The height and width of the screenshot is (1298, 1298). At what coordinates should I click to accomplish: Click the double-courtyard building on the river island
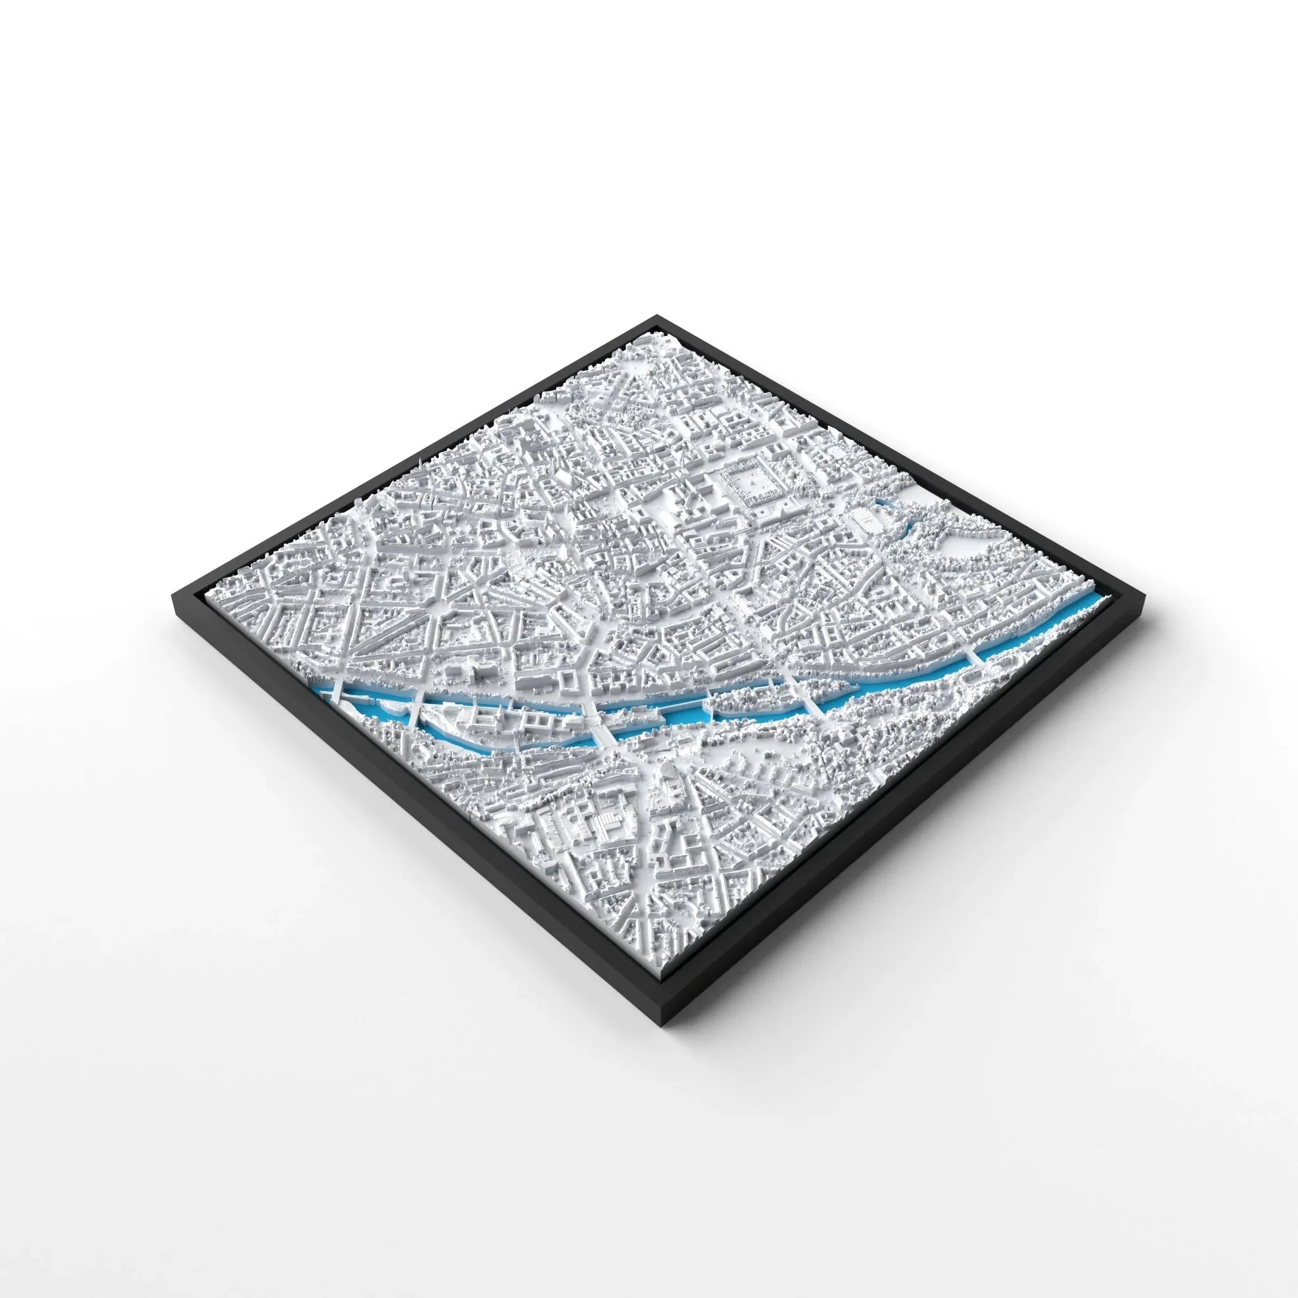click(x=530, y=723)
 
